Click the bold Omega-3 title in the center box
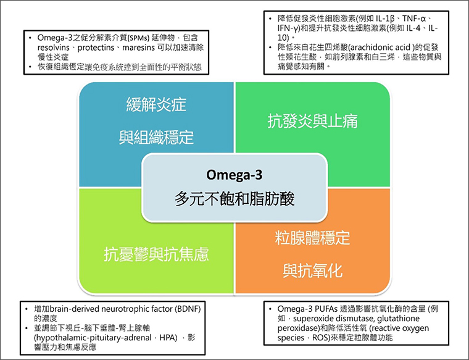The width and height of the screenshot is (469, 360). [234, 175]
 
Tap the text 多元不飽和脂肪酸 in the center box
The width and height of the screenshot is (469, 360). [234, 199]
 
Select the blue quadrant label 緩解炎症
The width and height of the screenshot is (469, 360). [156, 104]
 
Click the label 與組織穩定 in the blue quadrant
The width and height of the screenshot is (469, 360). [156, 137]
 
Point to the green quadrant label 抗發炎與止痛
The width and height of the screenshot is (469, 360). [313, 121]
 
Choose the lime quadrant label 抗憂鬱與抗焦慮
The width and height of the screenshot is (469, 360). [156, 254]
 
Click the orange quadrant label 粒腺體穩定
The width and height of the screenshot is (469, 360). [313, 238]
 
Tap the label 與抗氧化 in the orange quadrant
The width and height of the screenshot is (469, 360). [313, 270]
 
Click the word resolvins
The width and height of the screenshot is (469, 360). [54, 48]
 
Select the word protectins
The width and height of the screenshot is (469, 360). [96, 48]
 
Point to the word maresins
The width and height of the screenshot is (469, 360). [138, 48]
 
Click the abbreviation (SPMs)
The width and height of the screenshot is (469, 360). [138, 38]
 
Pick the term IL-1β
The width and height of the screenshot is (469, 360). [385, 19]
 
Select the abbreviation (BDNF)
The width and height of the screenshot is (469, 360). [188, 309]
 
